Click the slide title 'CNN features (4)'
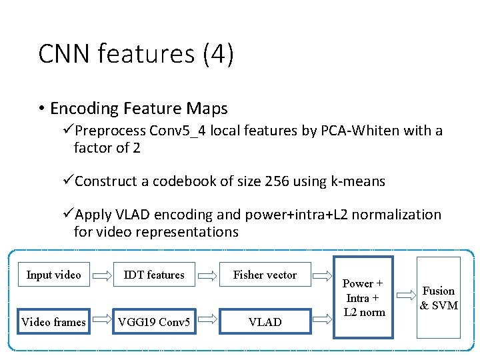click(x=136, y=54)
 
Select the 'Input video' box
click(x=53, y=275)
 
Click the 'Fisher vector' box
click(x=265, y=275)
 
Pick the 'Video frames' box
click(x=53, y=322)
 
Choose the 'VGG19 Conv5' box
click(x=154, y=322)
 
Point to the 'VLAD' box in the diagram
click(x=265, y=322)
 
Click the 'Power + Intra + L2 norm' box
click(x=363, y=297)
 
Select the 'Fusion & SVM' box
click(x=439, y=297)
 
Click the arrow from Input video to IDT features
click(x=102, y=275)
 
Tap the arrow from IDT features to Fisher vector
click(x=209, y=275)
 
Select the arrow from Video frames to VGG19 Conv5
click(x=102, y=322)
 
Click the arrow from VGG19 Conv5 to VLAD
click(x=209, y=322)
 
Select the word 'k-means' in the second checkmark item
click(x=360, y=181)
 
